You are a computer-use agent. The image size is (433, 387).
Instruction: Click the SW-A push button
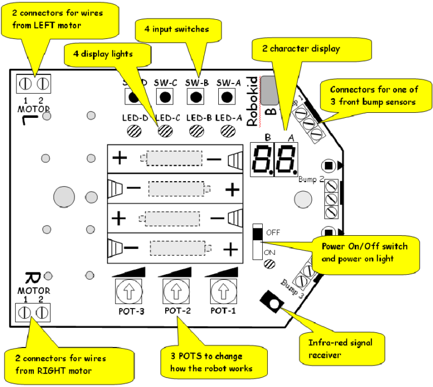(x=227, y=97)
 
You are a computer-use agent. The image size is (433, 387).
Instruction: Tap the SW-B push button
(x=196, y=97)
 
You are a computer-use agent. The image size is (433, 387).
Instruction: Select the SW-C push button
(x=165, y=97)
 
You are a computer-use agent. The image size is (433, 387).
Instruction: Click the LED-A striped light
(x=228, y=130)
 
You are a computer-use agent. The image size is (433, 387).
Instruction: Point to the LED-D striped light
(x=134, y=130)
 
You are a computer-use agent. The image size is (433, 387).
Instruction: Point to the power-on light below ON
(x=269, y=263)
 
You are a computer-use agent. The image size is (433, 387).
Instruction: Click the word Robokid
(x=253, y=93)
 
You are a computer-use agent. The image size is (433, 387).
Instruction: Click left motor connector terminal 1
(x=24, y=84)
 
